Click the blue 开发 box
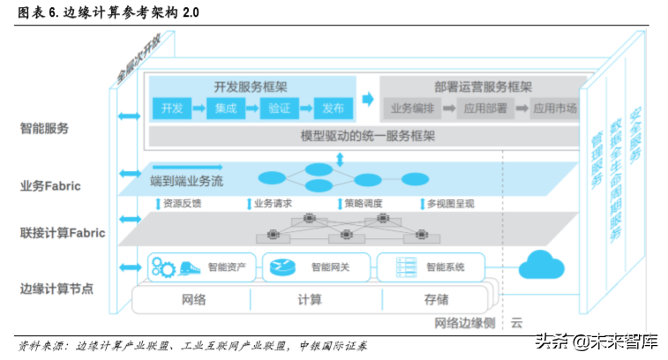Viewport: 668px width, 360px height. [172, 109]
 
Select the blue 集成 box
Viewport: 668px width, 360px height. [227, 109]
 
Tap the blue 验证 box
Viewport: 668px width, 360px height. [279, 109]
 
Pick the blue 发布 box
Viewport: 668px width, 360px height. [333, 109]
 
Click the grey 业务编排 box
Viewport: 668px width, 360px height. [412, 109]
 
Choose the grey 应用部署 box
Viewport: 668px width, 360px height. [484, 109]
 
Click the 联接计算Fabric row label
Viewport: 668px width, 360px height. [63, 233]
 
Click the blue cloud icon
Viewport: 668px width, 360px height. [540, 264]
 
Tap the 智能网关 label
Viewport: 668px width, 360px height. [332, 266]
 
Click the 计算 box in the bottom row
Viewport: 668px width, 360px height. [310, 300]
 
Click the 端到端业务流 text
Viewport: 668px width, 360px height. [187, 181]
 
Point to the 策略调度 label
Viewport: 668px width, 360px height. [362, 204]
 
